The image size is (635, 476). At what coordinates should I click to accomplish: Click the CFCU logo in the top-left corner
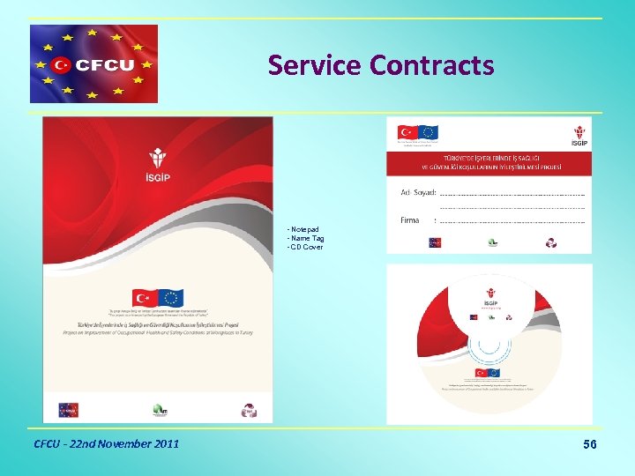pos(93,63)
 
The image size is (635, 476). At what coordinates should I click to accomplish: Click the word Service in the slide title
pos(316,65)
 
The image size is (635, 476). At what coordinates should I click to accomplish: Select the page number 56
pos(590,444)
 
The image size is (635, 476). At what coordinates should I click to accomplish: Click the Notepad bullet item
pos(304,229)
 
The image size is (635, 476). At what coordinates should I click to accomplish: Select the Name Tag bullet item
pos(307,238)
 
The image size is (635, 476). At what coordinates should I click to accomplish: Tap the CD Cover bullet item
pos(306,247)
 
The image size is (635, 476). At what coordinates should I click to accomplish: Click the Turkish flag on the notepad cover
pos(145,298)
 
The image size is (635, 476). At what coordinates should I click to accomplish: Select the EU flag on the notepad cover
pos(171,298)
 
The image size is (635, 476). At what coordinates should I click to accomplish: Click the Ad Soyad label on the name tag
pos(418,192)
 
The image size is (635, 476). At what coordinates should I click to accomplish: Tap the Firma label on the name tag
pos(410,220)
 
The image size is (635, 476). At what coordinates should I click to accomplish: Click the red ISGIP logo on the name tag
pos(579,134)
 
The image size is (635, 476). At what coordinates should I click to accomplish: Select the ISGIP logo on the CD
pos(490,296)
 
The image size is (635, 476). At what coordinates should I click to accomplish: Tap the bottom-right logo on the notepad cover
pos(250,410)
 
